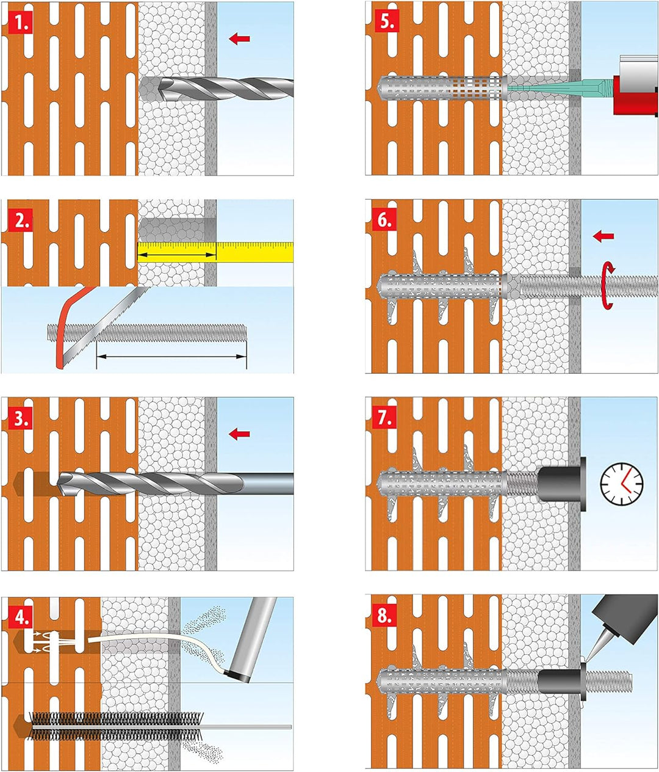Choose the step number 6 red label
coord(384,220)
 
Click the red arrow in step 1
coord(239,38)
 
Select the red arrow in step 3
coord(239,434)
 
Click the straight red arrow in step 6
coord(603,236)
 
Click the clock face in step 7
coord(622,484)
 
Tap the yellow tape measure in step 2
coord(215,252)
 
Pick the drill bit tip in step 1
coord(161,88)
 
